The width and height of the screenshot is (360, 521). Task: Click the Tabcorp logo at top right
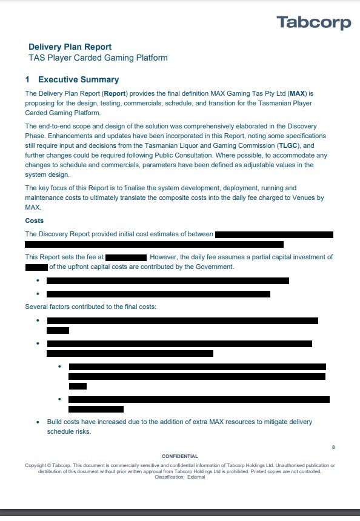coord(314,22)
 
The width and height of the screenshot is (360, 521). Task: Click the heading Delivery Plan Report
coord(70,47)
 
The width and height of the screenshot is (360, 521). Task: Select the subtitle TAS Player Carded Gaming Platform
coord(98,58)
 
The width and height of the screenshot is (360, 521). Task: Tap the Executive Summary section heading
coord(78,79)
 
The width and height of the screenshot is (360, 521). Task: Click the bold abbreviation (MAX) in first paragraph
coord(298,94)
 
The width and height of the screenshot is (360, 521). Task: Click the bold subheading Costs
coord(34,221)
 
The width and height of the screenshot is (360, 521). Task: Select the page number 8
coord(333,447)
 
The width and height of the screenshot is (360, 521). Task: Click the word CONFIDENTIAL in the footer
coord(180,456)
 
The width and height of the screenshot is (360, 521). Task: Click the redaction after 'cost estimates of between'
coord(274,234)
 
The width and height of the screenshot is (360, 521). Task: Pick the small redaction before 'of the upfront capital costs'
coord(36,267)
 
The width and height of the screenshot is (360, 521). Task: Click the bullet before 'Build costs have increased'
coord(38,422)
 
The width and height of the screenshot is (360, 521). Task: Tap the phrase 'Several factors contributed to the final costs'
coord(90,307)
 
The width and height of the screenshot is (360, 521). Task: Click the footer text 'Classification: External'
coord(180,477)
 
